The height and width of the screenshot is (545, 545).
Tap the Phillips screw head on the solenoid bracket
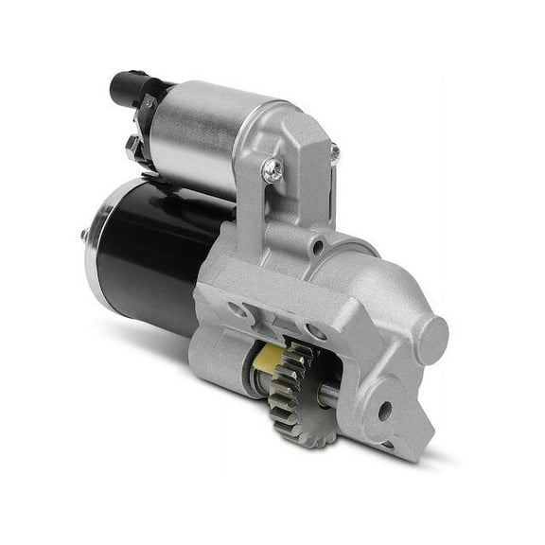tap(272, 169)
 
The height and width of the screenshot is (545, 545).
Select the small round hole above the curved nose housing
tap(319, 247)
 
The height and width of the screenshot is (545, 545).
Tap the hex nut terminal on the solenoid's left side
tap(132, 147)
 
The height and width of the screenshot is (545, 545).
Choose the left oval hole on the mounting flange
tap(238, 310)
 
